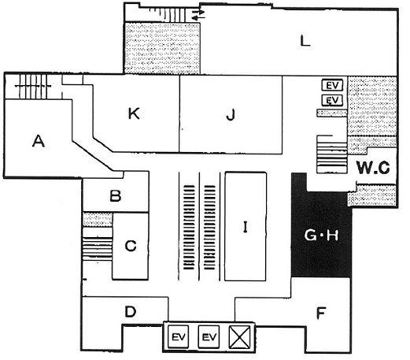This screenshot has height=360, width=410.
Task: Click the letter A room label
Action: (39, 141)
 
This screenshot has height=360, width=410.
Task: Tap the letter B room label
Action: (116, 195)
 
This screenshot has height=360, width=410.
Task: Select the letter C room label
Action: (131, 246)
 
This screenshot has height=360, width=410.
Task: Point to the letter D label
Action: (131, 312)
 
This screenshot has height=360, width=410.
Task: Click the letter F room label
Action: (321, 313)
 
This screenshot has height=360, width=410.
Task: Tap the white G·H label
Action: (321, 236)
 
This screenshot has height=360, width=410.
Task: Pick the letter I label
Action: (246, 227)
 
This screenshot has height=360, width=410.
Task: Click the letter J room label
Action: (231, 114)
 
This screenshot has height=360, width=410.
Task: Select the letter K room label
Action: (134, 113)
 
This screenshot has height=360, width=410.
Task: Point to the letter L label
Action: (305, 41)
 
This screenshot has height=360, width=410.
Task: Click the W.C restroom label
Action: (373, 168)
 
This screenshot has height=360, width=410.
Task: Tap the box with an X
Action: (238, 337)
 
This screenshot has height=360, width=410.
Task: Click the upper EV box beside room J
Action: (332, 85)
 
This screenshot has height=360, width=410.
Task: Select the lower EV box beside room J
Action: (332, 100)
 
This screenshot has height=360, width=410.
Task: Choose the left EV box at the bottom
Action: (178, 336)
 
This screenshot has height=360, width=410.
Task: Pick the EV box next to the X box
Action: (209, 336)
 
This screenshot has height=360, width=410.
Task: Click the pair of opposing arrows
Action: (198, 15)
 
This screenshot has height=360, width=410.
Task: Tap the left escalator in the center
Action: (189, 228)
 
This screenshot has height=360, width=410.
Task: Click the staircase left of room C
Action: (98, 243)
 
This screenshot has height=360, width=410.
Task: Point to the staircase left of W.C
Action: (332, 154)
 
